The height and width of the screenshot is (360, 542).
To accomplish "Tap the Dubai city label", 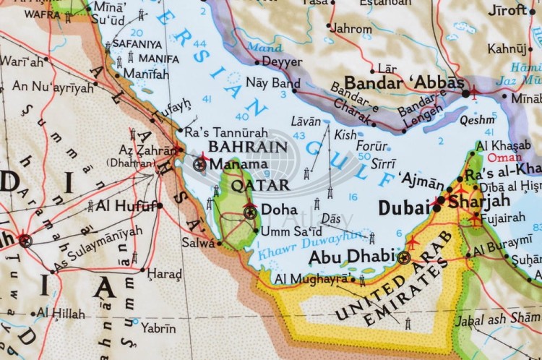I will tap(403, 208).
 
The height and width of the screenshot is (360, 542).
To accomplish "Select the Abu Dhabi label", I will tap(351, 257).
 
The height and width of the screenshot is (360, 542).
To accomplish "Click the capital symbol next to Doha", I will tap(250, 211).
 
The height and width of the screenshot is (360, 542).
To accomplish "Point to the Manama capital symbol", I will tap(200, 164).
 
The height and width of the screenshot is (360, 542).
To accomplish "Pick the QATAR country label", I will tap(250, 185).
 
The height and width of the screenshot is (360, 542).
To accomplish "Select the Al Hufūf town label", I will tap(126, 205).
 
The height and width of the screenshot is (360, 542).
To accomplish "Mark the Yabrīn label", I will tap(158, 327).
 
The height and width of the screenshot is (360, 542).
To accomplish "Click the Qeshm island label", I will tap(478, 120).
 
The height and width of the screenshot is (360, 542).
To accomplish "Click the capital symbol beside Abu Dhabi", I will tap(404, 257).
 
